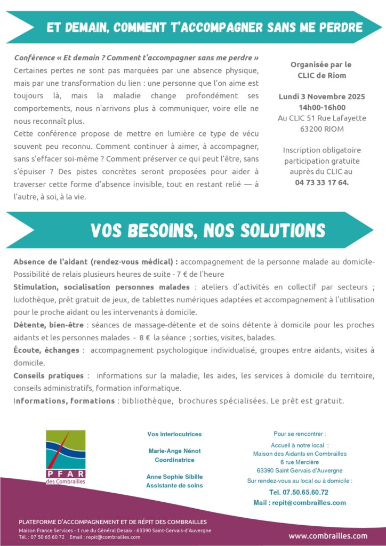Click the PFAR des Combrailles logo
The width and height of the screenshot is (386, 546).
[66, 457]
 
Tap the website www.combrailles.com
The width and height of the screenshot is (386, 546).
[328, 536]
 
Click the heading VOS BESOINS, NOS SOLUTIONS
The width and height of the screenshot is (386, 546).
[208, 230]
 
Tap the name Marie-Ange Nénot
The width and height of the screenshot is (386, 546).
[174, 451]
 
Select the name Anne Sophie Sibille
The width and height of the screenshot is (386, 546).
[174, 476]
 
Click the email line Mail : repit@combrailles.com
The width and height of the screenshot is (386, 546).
[300, 502]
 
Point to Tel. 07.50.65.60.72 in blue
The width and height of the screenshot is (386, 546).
[299, 492]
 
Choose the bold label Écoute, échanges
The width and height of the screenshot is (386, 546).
[46, 350]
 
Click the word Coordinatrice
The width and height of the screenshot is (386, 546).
[174, 460]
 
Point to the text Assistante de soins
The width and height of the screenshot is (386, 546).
[174, 485]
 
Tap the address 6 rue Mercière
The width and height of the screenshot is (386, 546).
[300, 462]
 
